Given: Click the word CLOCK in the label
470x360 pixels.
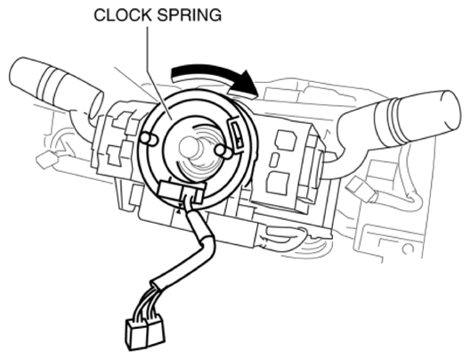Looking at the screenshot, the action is [123, 15].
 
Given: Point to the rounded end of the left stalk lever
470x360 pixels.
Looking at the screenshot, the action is [19, 72].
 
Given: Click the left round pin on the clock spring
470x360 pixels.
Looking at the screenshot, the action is [149, 139].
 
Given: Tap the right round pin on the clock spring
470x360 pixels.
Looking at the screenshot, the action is [223, 151].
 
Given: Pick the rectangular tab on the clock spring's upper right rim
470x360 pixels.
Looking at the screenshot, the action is [237, 133].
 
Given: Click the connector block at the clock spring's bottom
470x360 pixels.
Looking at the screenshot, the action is [181, 192].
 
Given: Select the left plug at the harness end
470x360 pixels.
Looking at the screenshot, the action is [136, 334].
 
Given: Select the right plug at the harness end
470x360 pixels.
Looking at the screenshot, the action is [155, 331].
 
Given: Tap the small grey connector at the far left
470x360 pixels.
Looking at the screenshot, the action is [45, 160].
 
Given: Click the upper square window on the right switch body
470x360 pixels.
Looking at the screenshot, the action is [286, 140].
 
